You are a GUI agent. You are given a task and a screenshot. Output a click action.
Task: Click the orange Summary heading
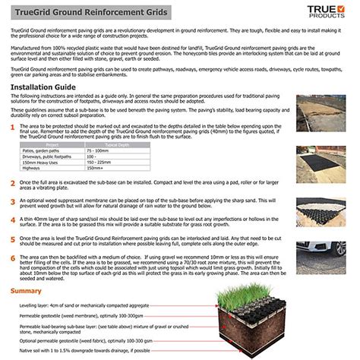coord(27,291)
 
